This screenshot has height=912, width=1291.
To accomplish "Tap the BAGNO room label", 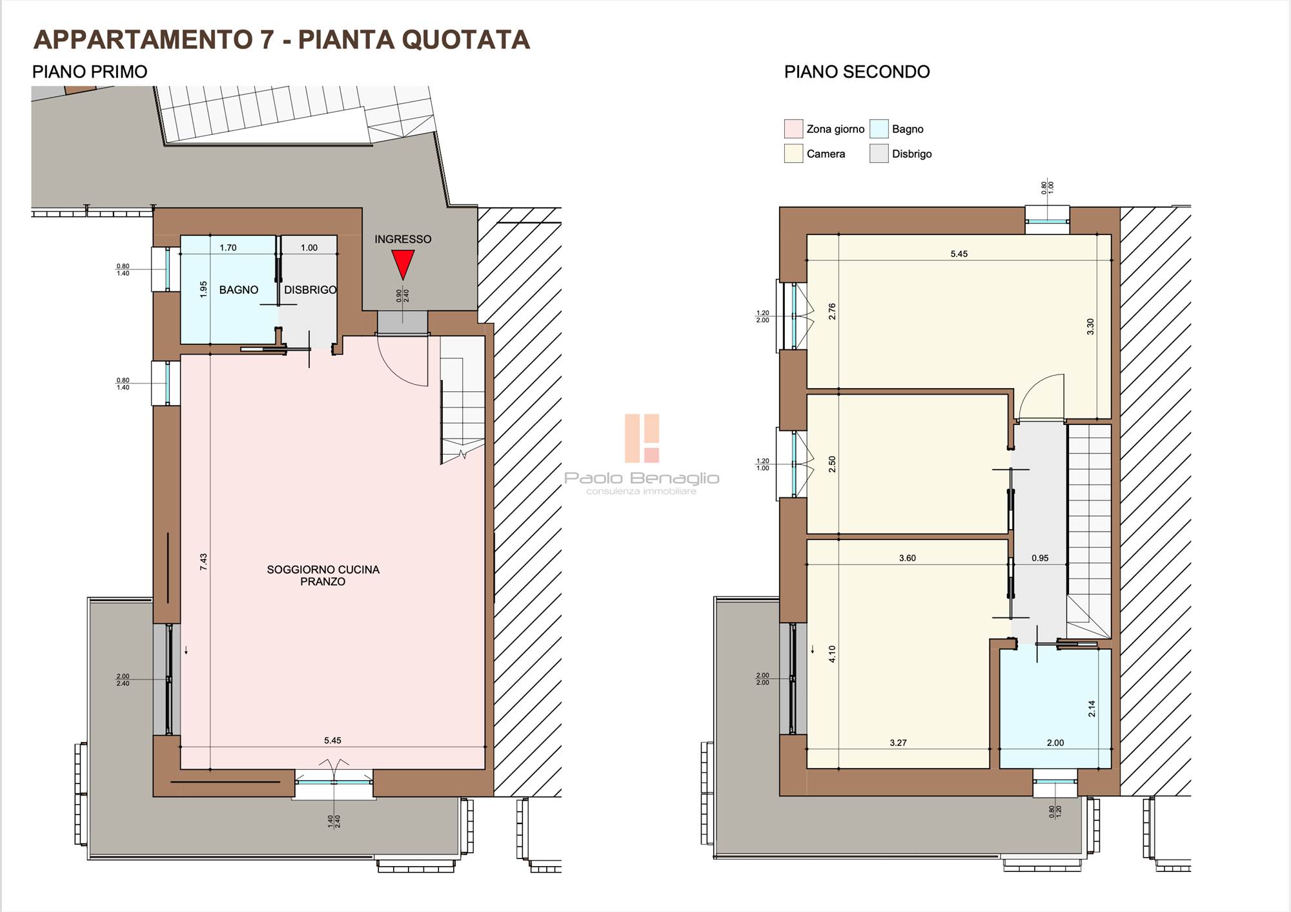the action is [238, 290].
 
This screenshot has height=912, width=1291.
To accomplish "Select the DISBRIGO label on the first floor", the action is [310, 290].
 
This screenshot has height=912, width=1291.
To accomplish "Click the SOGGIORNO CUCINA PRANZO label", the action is [323, 575].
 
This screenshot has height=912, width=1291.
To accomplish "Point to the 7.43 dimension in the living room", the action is [203, 561].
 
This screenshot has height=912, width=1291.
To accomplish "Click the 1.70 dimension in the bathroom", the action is [228, 247].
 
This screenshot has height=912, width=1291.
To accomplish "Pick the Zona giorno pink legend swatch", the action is [793, 129].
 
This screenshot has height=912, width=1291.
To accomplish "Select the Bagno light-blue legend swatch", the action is [879, 129].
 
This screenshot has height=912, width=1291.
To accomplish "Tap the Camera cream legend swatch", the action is [793, 154].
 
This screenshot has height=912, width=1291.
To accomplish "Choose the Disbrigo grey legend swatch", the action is [879, 154].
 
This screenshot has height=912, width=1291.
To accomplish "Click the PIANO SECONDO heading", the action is [857, 72].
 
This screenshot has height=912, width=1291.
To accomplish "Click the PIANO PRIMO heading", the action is [90, 72].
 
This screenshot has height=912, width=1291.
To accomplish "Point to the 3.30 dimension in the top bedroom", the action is [1090, 327].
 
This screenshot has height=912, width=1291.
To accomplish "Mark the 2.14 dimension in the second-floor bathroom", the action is [1092, 709].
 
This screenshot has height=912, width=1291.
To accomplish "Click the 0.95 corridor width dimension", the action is [1040, 558].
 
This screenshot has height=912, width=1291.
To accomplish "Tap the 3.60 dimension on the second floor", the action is [908, 558].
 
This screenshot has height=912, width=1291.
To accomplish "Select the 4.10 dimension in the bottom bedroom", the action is [832, 654].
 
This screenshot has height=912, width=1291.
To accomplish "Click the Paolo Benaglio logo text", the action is [642, 478].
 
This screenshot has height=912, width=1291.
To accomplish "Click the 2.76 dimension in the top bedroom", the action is [832, 311].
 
